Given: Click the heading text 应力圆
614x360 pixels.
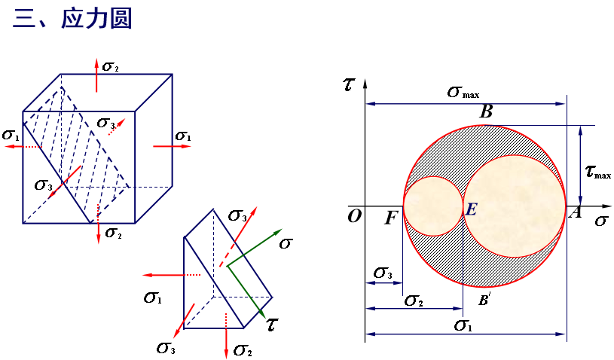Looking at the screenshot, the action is (x=96, y=18).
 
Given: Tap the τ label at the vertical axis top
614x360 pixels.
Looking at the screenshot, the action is (x=349, y=84).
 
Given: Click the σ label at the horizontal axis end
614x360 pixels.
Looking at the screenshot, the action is (x=601, y=221).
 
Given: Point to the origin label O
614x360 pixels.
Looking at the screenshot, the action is (x=355, y=216).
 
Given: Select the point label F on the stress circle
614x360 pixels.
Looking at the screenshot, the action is (x=391, y=218).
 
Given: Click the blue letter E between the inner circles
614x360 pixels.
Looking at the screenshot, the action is (x=471, y=209).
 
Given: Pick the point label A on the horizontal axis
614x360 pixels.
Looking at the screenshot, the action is (x=575, y=212).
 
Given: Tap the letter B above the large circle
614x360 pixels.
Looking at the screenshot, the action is (x=486, y=111).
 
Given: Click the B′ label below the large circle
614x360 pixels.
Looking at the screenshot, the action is (x=484, y=300).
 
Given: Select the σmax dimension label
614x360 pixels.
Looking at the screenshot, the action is (x=463, y=93).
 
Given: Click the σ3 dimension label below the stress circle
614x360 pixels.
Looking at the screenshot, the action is (x=383, y=273).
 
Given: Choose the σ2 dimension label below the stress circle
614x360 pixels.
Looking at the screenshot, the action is (x=414, y=301).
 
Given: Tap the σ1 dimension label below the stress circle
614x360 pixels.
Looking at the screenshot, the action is (x=463, y=325).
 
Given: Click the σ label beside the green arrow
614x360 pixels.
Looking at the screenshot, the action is (x=286, y=244).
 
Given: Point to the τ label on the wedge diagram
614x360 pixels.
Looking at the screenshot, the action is (x=272, y=325).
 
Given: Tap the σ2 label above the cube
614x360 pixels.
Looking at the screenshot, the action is (x=110, y=67).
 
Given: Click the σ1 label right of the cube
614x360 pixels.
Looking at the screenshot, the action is (x=183, y=136).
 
